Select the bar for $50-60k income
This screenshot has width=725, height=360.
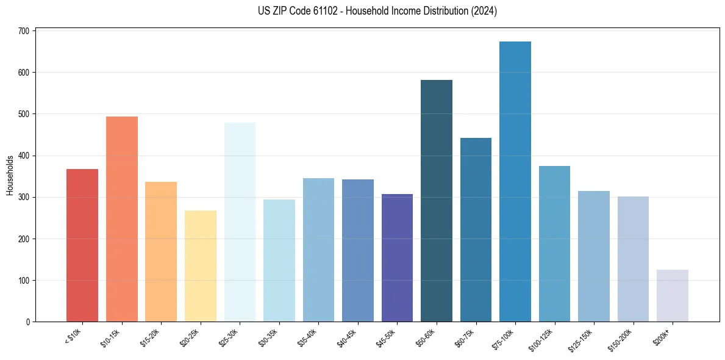point(436,201)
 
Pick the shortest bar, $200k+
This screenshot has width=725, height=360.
point(672,296)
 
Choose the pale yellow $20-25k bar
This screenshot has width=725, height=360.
point(200,266)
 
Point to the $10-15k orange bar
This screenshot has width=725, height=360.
point(121,219)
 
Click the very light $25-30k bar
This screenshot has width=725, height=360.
point(240,222)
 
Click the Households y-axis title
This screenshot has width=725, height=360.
point(10,175)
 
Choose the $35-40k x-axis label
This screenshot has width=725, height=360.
point(309,337)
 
